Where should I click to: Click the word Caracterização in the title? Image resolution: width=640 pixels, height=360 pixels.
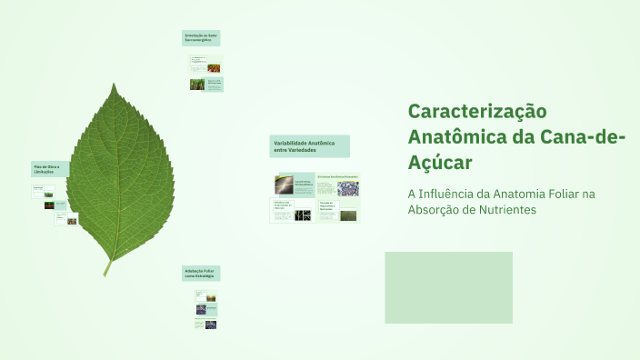click(477, 112)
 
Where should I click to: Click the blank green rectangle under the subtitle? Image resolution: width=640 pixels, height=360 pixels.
click(448, 287)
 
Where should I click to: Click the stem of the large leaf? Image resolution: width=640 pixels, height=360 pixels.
click(107, 266)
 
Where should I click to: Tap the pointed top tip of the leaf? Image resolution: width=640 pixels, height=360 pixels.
click(114, 85)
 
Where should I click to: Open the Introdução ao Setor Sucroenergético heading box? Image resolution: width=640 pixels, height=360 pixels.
click(201, 38)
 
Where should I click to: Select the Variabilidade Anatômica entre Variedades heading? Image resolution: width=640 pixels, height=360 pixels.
click(309, 145)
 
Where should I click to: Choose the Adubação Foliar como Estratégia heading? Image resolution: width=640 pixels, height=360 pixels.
click(201, 273)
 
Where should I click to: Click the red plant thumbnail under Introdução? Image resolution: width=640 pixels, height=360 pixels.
click(214, 68)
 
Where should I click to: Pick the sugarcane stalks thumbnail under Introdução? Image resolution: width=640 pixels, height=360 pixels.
click(197, 85)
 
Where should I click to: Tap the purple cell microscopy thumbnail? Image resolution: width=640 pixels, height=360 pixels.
click(347, 188)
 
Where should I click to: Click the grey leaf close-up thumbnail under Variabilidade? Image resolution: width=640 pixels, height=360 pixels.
click(284, 185)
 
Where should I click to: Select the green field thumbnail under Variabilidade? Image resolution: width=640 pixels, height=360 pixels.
click(348, 216)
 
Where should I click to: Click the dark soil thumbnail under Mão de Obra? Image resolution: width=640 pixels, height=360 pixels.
click(49, 205)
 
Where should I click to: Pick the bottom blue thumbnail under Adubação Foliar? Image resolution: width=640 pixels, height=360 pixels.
click(210, 325)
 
